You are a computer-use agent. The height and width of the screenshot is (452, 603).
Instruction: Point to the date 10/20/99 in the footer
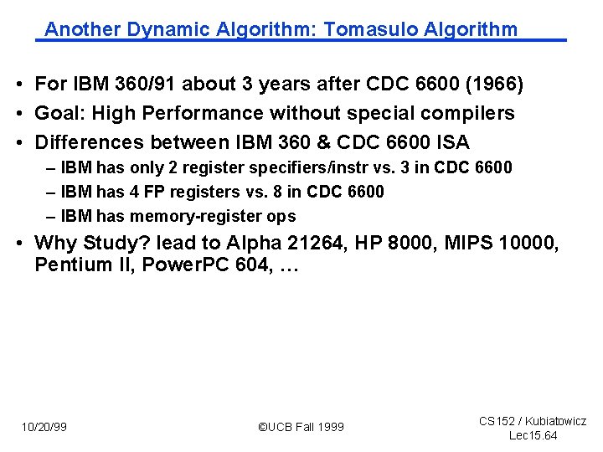[x=44, y=427]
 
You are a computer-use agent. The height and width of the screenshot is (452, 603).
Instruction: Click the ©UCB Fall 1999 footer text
[x=301, y=427]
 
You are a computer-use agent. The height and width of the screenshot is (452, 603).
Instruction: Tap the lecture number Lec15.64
[x=533, y=435]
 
